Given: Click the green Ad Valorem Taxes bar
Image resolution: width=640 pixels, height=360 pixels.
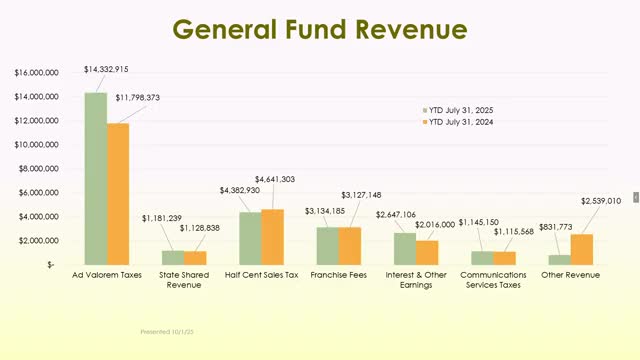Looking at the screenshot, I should point(96,178).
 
